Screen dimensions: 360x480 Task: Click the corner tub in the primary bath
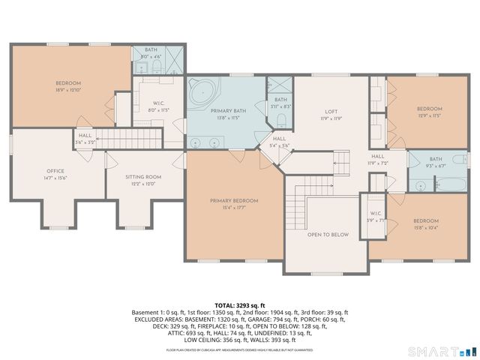click(202, 94)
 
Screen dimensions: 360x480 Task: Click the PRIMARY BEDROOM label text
click(234, 200)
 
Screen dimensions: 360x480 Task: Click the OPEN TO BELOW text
click(328, 235)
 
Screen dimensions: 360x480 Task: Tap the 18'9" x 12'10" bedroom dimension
click(67, 89)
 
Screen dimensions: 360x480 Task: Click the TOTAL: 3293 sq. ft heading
click(240, 305)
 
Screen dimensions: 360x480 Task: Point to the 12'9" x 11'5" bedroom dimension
click(430, 115)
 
